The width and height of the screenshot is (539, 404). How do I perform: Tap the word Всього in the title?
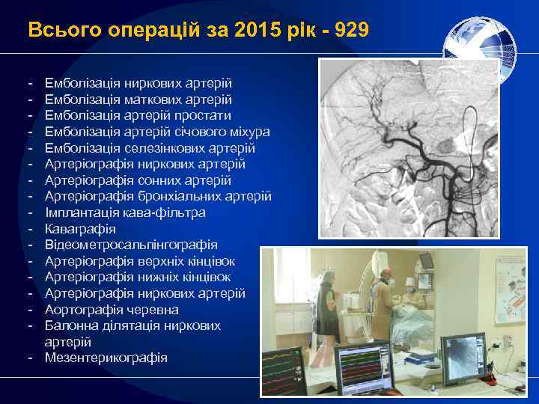point(54,30)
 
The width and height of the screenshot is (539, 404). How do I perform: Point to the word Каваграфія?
point(80,228)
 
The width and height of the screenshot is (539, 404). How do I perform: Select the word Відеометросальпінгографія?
point(131,245)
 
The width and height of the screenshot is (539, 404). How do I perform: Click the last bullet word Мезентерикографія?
point(106,358)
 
